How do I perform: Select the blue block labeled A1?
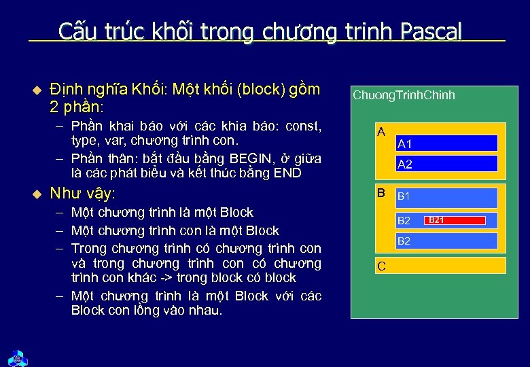tap(446, 143)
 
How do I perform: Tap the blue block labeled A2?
tap(446, 164)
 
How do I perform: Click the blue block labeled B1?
tap(446, 198)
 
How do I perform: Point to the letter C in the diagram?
tap(381, 266)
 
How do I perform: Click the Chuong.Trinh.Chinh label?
tap(404, 95)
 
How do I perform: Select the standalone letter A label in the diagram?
tap(381, 131)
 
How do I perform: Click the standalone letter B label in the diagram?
tap(381, 193)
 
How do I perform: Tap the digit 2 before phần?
tap(54, 107)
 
